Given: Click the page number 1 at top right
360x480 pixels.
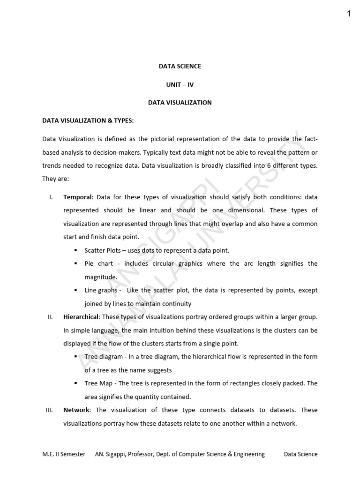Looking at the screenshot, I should pyautogui.click(x=349, y=14).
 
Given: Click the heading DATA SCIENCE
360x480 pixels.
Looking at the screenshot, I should pyautogui.click(x=180, y=66).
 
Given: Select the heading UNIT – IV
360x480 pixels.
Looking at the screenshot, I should pyautogui.click(x=180, y=84).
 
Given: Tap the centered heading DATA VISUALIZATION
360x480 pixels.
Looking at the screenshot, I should pyautogui.click(x=180, y=103).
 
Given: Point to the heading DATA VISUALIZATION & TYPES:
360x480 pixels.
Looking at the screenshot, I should pyautogui.click(x=88, y=120).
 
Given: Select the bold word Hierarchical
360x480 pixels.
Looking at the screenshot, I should pyautogui.click(x=81, y=317).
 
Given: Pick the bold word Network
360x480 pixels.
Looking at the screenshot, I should pyautogui.click(x=76, y=410).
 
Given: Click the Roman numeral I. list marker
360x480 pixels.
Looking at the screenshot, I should pyautogui.click(x=51, y=197).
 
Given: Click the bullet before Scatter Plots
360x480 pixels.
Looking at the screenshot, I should pyautogui.click(x=75, y=251).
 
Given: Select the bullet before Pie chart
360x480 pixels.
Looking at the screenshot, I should pyautogui.click(x=75, y=264).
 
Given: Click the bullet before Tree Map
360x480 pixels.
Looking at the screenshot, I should pyautogui.click(x=75, y=383).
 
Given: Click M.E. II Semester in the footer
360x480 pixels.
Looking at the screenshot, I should pyautogui.click(x=64, y=454).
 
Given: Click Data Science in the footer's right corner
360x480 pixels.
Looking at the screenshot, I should pyautogui.click(x=301, y=454).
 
